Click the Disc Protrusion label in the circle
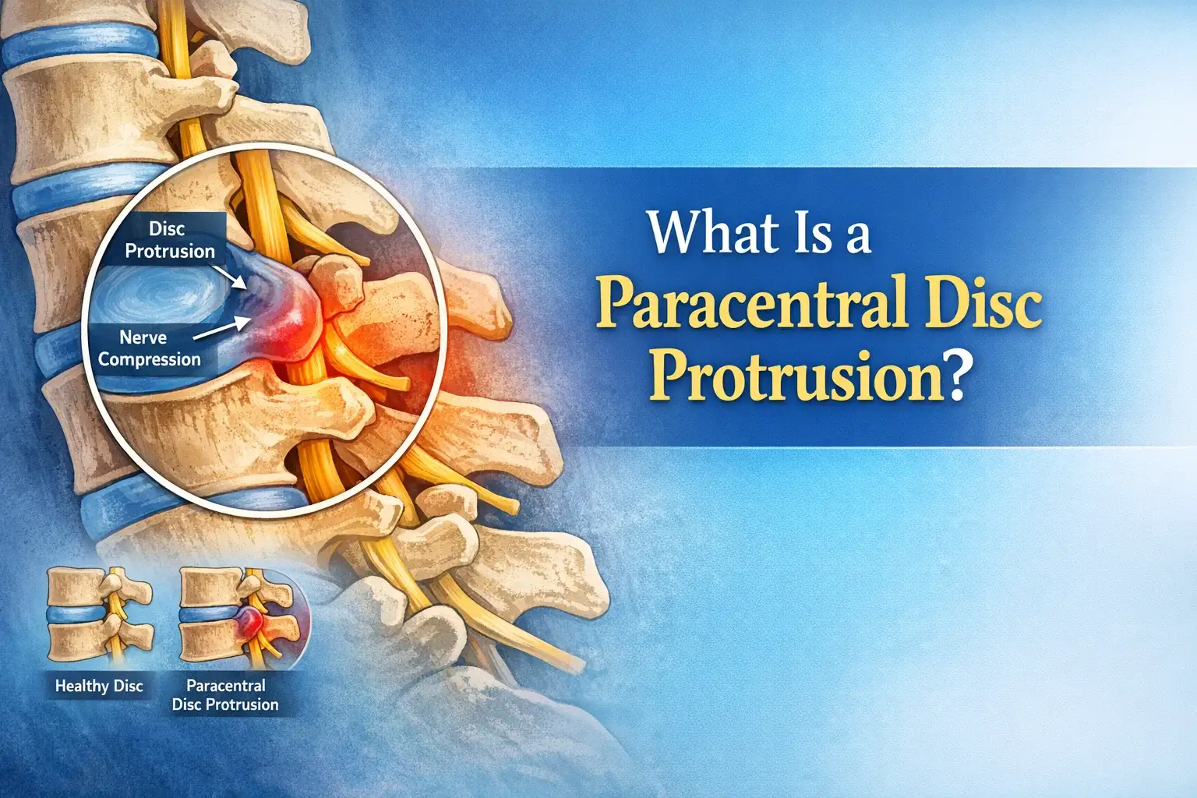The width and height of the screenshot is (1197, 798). [169, 240]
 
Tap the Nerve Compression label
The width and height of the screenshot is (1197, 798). [149, 348]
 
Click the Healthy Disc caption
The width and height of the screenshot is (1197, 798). [99, 687]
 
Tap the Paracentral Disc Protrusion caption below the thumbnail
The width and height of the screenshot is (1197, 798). [225, 695]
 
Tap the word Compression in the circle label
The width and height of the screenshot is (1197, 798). [149, 359]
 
